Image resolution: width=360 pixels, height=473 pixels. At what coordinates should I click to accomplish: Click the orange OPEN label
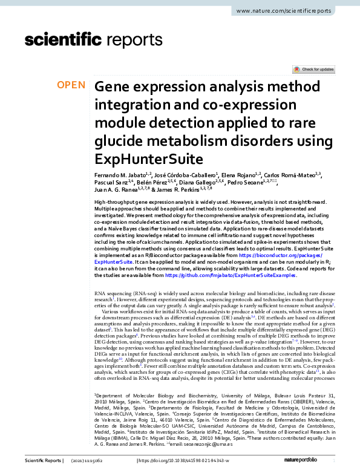pos(71,85)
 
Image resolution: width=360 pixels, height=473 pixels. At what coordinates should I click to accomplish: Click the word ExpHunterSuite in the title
pos(139,159)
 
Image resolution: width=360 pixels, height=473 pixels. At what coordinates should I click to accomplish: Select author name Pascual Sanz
pos(111,182)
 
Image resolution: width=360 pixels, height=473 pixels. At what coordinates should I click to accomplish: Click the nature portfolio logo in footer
pos(323,462)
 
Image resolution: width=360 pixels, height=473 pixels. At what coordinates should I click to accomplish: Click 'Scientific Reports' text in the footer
pos(43,462)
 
